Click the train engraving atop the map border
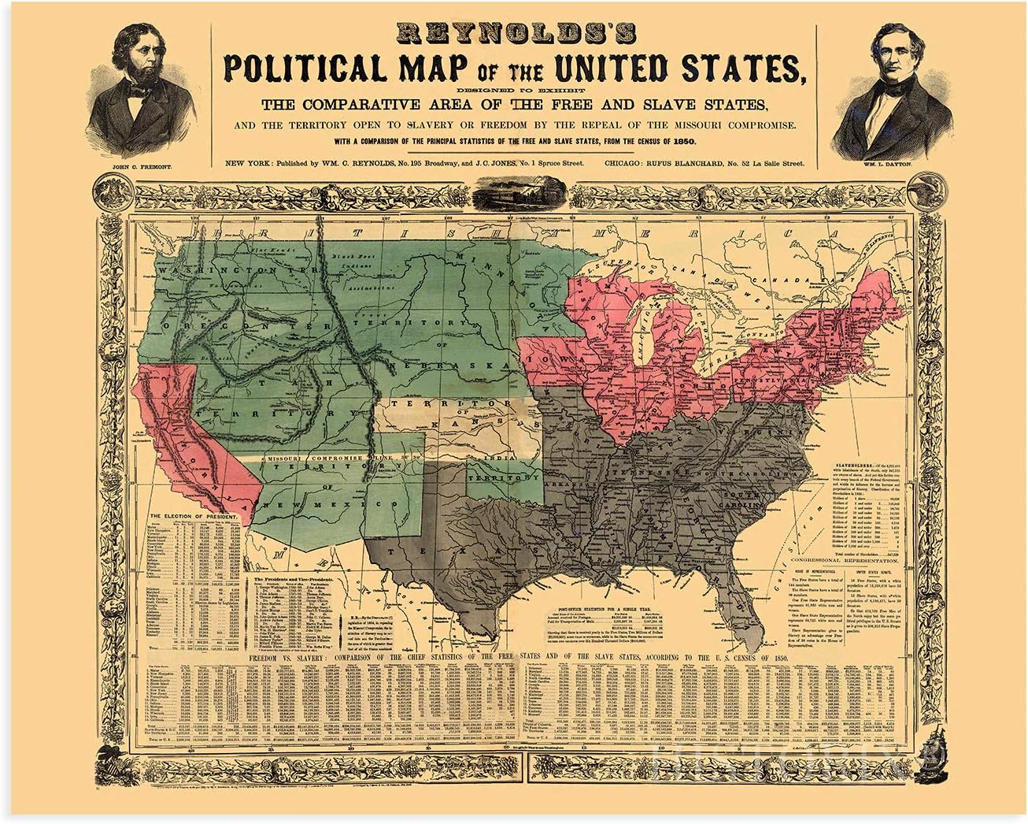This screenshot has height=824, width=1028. (512, 194)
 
